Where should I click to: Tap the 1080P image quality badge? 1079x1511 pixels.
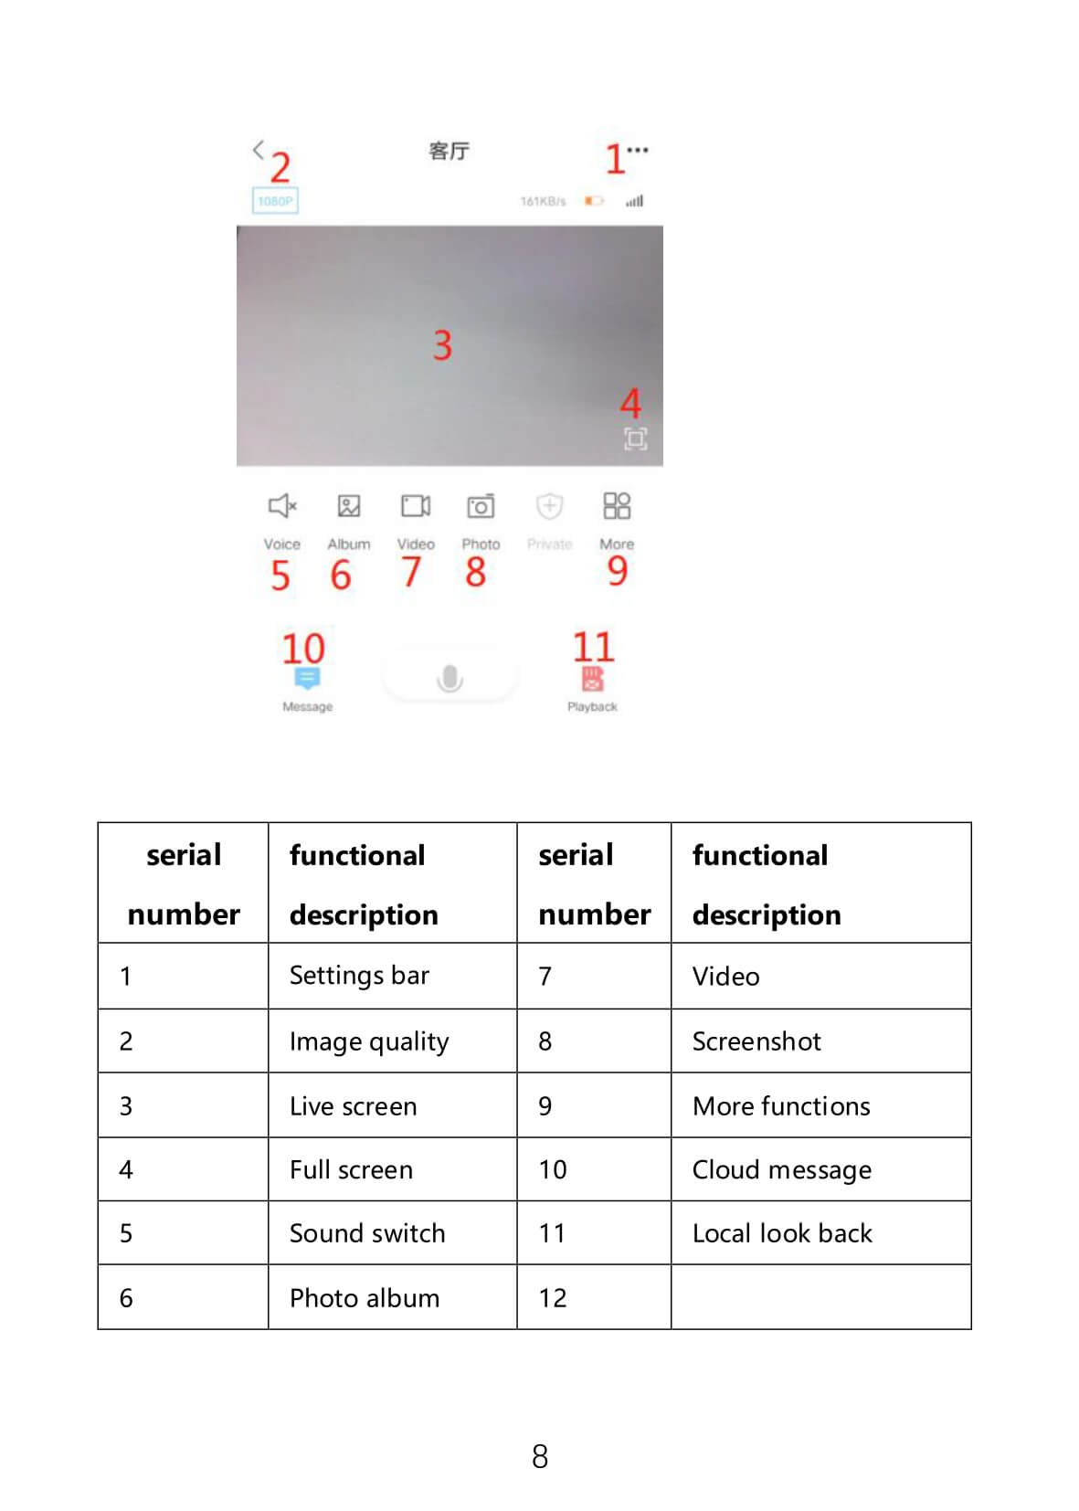(274, 201)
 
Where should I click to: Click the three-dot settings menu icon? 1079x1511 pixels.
(638, 150)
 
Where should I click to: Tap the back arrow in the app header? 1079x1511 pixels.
(259, 149)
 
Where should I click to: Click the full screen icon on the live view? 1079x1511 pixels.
(636, 439)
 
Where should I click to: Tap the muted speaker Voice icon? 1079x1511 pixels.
(281, 505)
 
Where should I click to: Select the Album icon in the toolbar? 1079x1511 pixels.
(349, 505)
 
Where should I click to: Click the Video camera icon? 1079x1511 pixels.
(416, 505)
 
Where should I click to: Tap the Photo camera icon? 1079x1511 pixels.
(481, 505)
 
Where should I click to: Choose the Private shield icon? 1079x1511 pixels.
(549, 505)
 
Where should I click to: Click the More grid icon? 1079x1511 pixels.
(617, 505)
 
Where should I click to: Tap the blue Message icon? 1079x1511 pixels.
(307, 678)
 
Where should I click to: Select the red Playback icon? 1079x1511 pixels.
(592, 679)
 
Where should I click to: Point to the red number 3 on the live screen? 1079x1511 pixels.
(442, 345)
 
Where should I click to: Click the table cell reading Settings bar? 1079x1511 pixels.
(359, 976)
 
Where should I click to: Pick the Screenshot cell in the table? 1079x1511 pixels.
(756, 1041)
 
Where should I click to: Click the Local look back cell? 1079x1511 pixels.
(782, 1233)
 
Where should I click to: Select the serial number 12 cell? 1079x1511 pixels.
(553, 1298)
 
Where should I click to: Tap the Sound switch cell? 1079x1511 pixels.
(367, 1233)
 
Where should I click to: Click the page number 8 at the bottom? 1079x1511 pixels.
(540, 1456)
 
